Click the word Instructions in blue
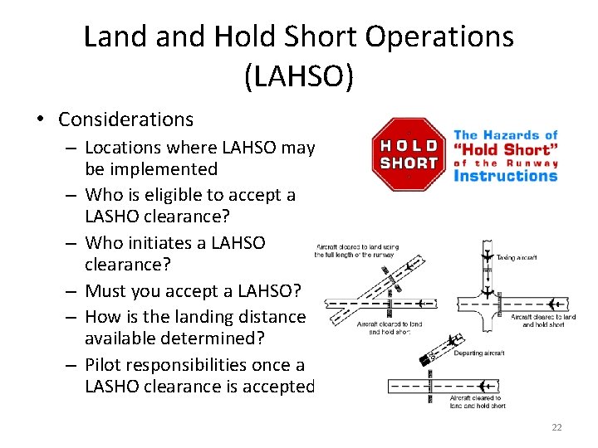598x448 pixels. [x=505, y=176]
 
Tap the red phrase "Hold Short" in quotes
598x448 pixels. [x=506, y=149]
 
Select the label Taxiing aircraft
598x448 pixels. [x=517, y=258]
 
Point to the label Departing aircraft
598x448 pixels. [x=478, y=353]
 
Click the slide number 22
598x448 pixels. [x=556, y=427]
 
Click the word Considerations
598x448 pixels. [x=125, y=119]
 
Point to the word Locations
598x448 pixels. [x=122, y=148]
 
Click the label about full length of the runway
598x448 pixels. [x=356, y=251]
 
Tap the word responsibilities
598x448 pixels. [x=201, y=364]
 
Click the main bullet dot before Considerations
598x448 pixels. [x=41, y=119]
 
